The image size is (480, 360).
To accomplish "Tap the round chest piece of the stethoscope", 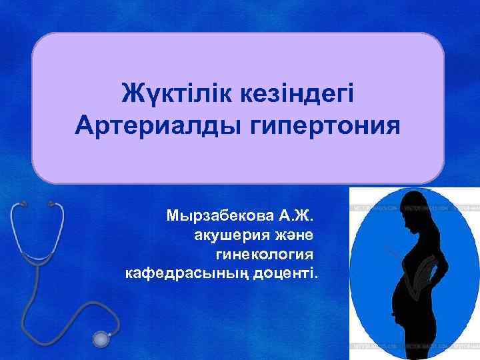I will click(103, 338).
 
